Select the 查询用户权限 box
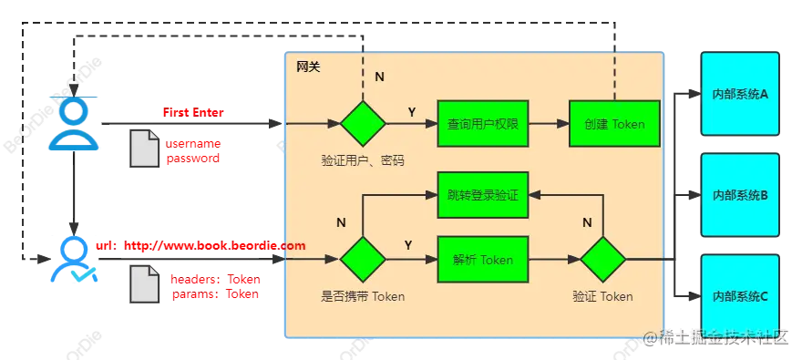tap(483, 123)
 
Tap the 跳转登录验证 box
tap(483, 195)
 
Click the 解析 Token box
tap(483, 260)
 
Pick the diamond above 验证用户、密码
tap(363, 123)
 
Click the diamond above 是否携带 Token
tap(363, 260)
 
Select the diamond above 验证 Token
tap(603, 260)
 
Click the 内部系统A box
tap(740, 94)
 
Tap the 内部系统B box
tap(740, 195)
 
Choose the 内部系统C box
tap(740, 296)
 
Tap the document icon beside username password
tap(144, 149)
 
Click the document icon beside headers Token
tap(144, 284)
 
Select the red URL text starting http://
tap(214, 246)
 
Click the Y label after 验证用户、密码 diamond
tap(412, 111)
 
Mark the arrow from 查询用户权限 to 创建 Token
tap(549, 123)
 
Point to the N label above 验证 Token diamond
tap(588, 222)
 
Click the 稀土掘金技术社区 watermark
tap(715, 337)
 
